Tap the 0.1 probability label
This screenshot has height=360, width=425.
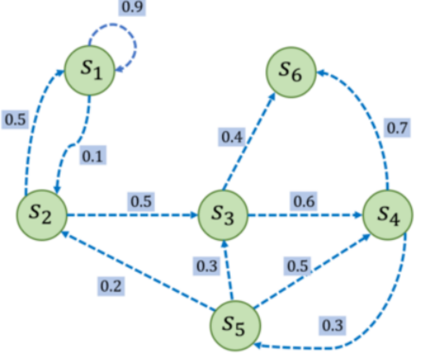pos(93,156)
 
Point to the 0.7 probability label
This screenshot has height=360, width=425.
pos(397,127)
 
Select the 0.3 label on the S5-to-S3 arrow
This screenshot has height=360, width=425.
pos(208,265)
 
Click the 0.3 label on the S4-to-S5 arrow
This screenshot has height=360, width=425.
pos(332,326)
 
